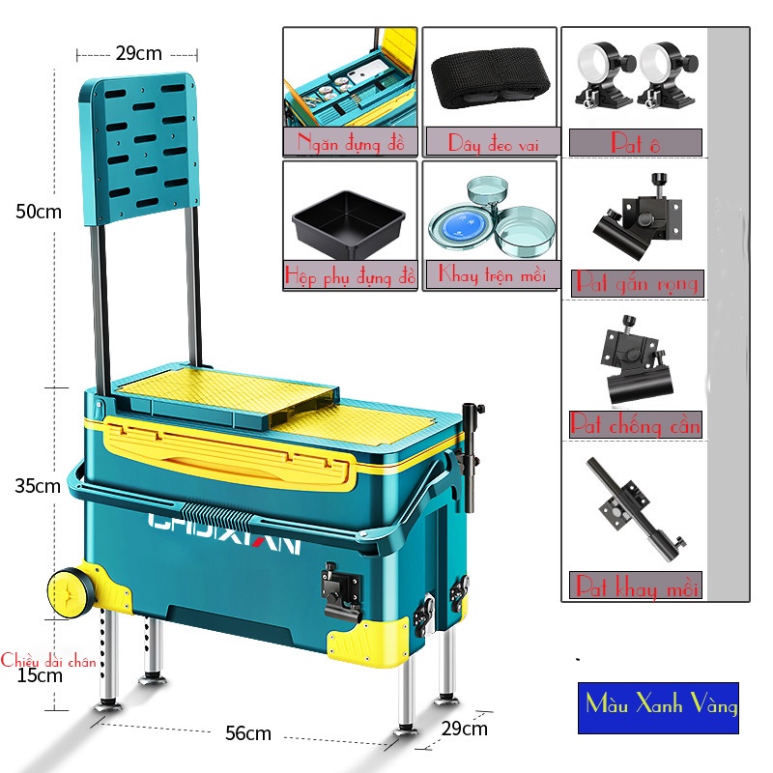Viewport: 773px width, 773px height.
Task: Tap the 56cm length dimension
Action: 247,734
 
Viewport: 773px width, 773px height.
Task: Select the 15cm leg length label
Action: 39,675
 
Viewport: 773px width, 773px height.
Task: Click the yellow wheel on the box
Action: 66,589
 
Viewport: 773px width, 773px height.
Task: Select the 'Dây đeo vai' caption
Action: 490,143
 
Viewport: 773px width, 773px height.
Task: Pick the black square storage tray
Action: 348,220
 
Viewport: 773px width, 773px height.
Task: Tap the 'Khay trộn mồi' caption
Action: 491,274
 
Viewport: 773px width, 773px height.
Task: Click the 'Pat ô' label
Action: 635,143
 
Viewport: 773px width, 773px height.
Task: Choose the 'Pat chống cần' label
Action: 635,424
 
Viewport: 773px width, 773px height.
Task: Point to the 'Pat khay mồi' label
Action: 635,586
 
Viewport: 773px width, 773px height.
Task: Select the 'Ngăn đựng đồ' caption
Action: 350,144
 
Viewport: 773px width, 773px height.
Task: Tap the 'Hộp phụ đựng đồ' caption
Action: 350,275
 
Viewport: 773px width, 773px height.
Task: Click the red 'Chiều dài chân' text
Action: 48,661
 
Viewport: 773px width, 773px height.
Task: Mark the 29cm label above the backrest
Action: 138,53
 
